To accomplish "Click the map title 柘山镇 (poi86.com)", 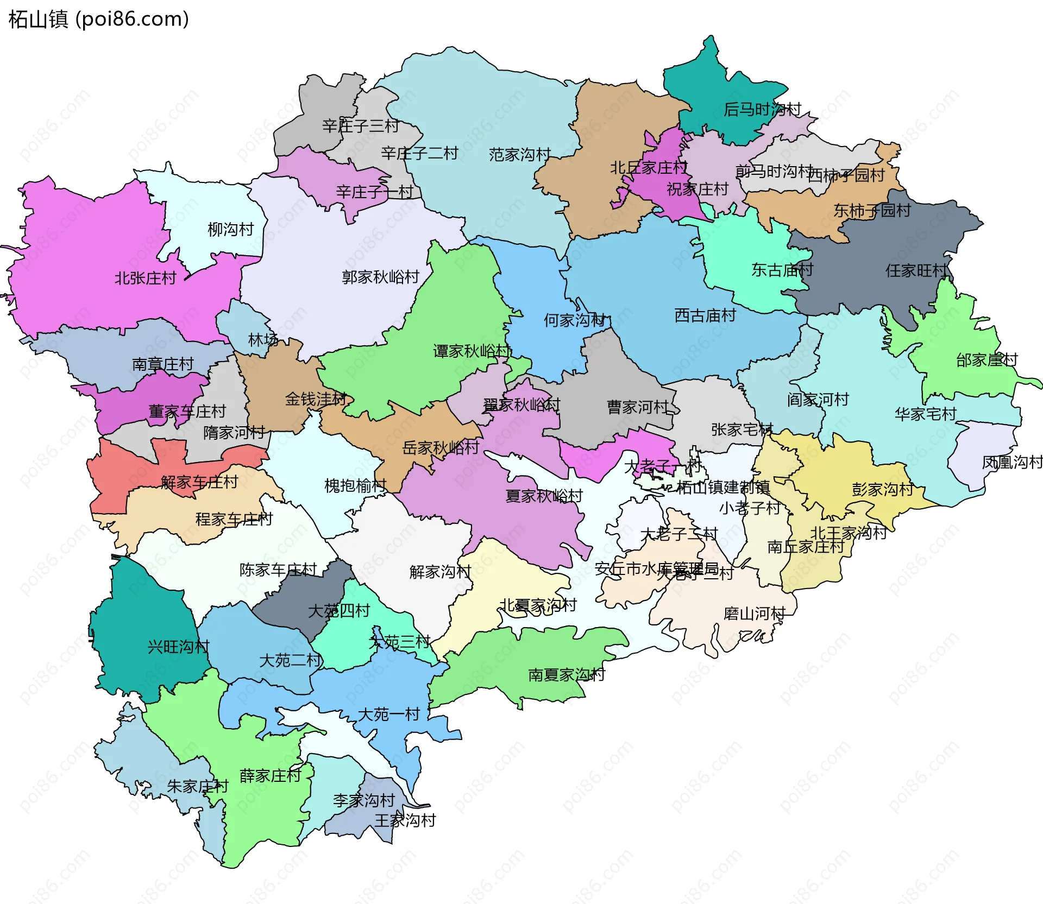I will click(98, 19).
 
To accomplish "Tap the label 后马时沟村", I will click(762, 110).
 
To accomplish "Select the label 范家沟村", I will click(520, 155).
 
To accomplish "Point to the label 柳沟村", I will click(231, 230).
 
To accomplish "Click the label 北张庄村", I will click(146, 279).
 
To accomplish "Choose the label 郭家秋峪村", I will click(380, 277).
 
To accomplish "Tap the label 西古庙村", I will click(705, 315).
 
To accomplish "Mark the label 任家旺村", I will click(916, 270).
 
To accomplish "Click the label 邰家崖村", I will click(987, 360).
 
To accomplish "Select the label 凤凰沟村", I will click(1012, 463).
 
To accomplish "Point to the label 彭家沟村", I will click(882, 489).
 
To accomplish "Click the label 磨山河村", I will click(754, 614).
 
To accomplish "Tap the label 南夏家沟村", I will click(567, 675).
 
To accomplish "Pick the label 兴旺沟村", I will click(178, 647).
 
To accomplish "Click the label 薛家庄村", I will click(270, 775).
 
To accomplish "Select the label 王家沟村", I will click(405, 820).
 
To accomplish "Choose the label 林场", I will click(263, 340).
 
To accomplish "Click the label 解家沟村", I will click(440, 572).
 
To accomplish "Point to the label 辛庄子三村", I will click(361, 126).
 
